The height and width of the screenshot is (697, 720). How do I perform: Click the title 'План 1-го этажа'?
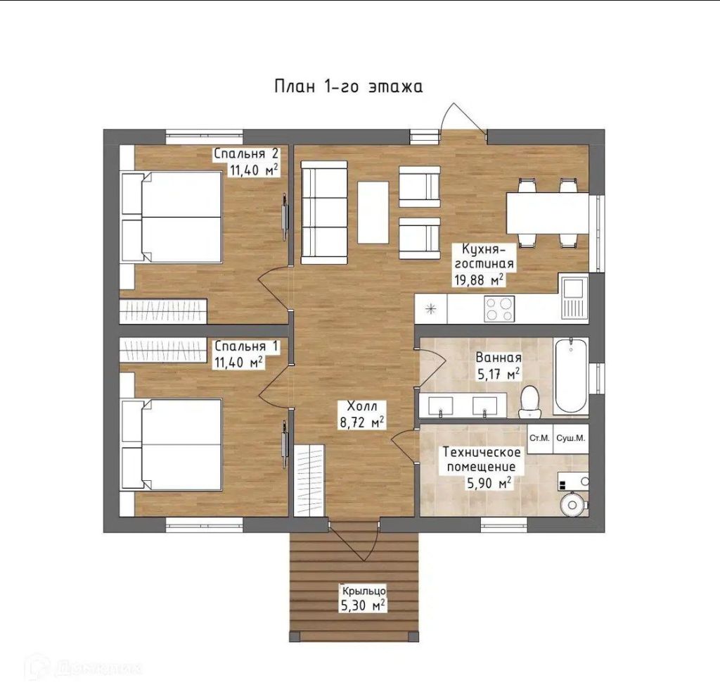point(349,87)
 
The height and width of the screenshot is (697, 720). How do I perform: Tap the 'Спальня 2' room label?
point(247,153)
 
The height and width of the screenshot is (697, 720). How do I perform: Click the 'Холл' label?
point(362,406)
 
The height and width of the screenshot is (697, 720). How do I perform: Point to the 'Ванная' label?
point(499,358)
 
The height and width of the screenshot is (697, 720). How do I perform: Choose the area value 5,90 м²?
point(489,483)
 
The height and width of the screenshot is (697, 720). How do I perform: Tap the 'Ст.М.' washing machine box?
point(539,439)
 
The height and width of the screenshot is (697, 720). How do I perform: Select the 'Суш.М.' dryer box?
point(571,439)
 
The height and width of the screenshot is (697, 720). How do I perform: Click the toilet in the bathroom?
point(530,402)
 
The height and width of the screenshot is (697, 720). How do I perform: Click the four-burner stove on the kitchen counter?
point(499,309)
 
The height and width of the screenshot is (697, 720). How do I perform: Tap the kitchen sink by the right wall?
point(574,296)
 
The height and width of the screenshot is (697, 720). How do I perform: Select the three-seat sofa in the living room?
point(323,213)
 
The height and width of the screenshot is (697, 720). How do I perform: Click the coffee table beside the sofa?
point(373,212)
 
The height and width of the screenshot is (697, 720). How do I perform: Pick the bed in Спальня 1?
point(172,445)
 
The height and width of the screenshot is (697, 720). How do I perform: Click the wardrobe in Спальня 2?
point(163,311)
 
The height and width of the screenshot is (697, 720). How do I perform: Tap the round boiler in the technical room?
point(572,504)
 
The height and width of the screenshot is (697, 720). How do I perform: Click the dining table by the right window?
point(548,213)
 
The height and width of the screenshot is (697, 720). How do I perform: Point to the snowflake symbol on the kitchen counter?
point(431,309)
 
